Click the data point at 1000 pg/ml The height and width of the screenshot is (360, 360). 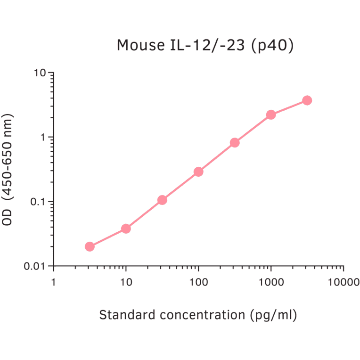[271, 115]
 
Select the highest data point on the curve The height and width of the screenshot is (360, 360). [307, 100]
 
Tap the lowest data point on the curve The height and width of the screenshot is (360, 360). [90, 246]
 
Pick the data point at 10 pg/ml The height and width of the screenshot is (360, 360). [126, 229]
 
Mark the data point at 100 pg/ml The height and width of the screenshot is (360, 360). [198, 172]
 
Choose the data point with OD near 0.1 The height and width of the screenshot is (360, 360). [162, 200]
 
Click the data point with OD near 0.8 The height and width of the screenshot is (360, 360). [235, 142]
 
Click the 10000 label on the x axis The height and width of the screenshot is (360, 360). [343, 282]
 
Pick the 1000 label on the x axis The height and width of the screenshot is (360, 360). [270, 282]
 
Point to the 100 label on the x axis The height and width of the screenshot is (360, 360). [198, 282]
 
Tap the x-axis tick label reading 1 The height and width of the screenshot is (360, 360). [53, 282]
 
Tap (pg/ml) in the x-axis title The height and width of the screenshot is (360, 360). [274, 315]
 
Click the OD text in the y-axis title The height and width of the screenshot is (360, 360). [7, 218]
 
